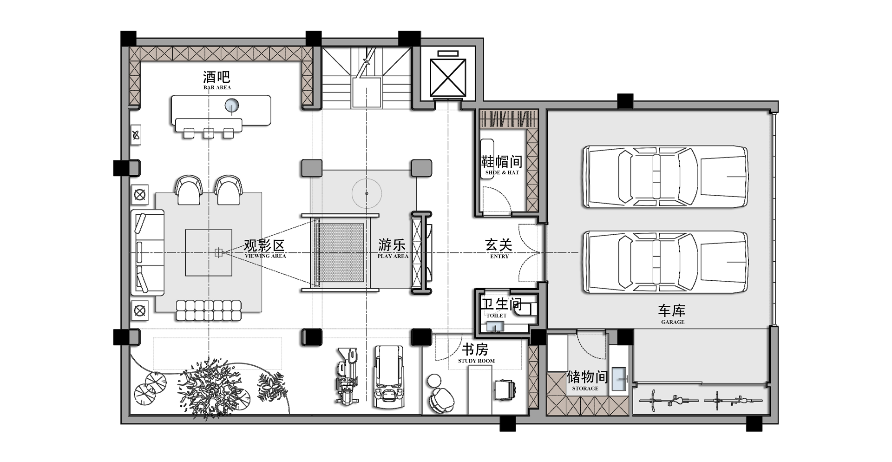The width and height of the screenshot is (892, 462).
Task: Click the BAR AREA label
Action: [217, 87]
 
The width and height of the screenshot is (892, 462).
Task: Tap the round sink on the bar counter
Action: [232, 106]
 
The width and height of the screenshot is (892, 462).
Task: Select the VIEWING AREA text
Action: [265, 256]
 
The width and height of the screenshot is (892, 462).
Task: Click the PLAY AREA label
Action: [393, 256]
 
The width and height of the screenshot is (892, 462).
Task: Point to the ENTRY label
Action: [499, 256]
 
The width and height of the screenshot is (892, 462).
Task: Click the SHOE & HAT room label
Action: [502, 172]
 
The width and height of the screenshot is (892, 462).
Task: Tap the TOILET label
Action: [496, 316]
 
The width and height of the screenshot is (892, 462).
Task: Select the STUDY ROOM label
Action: [477, 361]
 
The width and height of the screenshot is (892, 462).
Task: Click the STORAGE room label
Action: [585, 389]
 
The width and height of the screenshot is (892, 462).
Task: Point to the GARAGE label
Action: [673, 322]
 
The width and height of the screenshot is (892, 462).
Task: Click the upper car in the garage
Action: [665, 177]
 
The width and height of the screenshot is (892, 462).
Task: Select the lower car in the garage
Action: [665, 262]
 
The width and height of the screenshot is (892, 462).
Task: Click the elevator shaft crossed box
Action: [448, 77]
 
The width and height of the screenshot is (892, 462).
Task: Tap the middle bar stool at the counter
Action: [209, 133]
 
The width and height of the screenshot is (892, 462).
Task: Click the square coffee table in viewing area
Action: [209, 252]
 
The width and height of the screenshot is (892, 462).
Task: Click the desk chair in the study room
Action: [505, 389]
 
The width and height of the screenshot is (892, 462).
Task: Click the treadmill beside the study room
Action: [389, 377]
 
